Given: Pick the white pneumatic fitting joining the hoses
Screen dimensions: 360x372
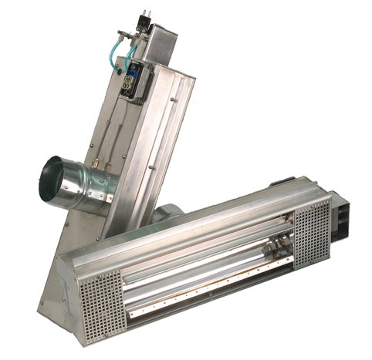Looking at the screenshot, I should [x=127, y=36].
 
